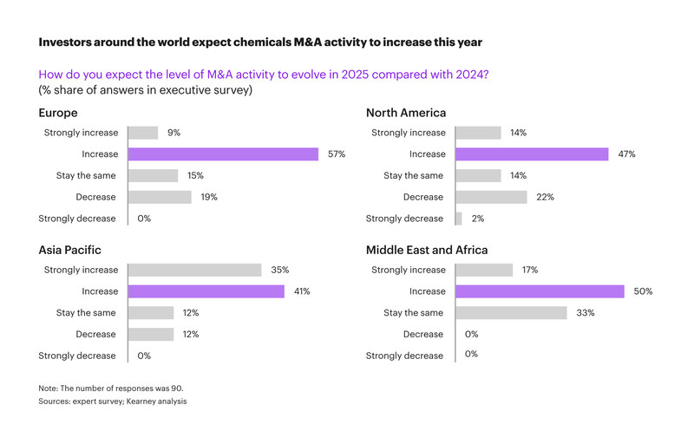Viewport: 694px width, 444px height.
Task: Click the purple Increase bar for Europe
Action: [x=223, y=154]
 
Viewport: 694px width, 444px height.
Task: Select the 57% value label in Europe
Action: [x=337, y=154]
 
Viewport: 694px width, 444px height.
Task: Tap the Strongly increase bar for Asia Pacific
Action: [x=194, y=270]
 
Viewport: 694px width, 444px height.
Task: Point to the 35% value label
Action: [x=279, y=270]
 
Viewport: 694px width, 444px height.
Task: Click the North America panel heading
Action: [x=406, y=113]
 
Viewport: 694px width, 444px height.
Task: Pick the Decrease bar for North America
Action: [x=490, y=197]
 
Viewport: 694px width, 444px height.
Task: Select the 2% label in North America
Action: [x=475, y=219]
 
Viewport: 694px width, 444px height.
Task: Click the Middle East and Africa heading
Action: [x=427, y=250]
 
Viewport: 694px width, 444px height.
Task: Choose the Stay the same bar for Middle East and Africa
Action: [x=511, y=312]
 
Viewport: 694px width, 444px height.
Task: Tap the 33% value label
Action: [x=586, y=312]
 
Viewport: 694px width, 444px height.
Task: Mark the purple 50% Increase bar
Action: [x=540, y=291]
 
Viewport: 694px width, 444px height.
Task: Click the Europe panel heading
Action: [x=58, y=113]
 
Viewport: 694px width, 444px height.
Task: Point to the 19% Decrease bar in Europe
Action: [x=160, y=197]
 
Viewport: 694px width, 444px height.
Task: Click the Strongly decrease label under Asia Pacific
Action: [x=77, y=356]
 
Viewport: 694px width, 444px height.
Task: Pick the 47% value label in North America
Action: [x=626, y=154]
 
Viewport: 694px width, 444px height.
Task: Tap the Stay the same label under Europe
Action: [x=86, y=176]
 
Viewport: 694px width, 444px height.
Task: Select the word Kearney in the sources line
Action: [x=130, y=402]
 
